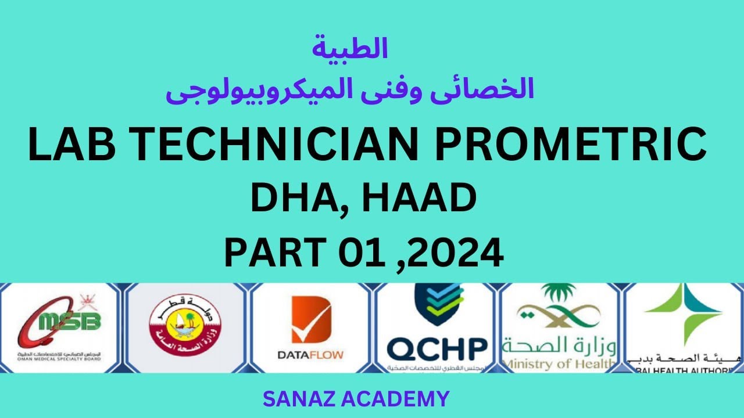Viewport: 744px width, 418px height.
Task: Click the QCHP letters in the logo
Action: point(437,348)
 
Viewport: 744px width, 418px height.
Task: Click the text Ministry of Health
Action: point(559,363)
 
